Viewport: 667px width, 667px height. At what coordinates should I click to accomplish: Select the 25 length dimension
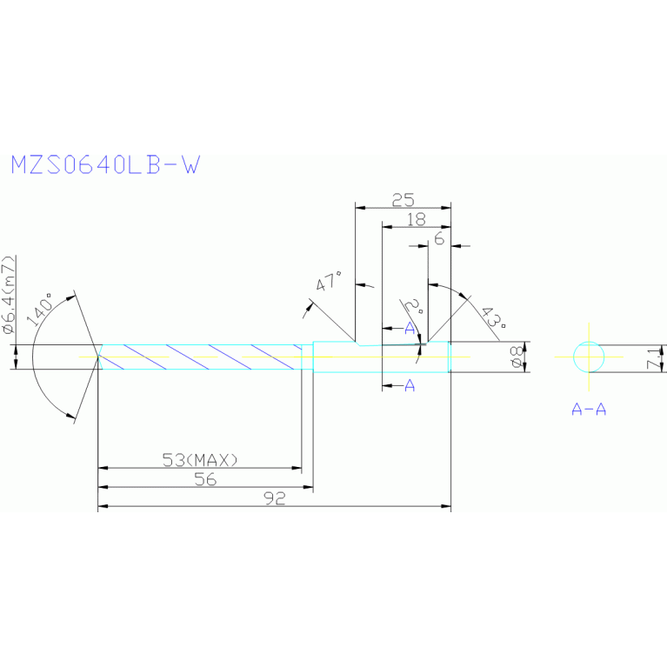point(403,199)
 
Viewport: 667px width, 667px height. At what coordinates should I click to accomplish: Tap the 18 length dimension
point(417,220)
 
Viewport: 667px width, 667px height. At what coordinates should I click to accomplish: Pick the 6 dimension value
point(439,237)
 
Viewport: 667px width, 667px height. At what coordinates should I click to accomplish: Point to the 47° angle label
point(330,283)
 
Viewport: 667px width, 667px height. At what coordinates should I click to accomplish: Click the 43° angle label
point(492,320)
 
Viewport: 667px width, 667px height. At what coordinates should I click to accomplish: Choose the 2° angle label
point(414,307)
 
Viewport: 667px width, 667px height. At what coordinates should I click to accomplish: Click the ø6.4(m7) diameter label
point(8,296)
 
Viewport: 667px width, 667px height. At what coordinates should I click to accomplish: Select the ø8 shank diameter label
point(516,357)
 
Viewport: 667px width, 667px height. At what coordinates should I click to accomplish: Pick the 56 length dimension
point(204,479)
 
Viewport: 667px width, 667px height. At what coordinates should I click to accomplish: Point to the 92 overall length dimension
point(275,498)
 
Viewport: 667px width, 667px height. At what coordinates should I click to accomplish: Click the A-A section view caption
point(589,408)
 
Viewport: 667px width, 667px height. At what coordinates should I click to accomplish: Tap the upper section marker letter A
point(410,327)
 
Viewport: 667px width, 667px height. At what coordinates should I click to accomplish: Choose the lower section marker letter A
point(410,385)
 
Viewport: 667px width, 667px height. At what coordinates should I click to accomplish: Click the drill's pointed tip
point(97,357)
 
